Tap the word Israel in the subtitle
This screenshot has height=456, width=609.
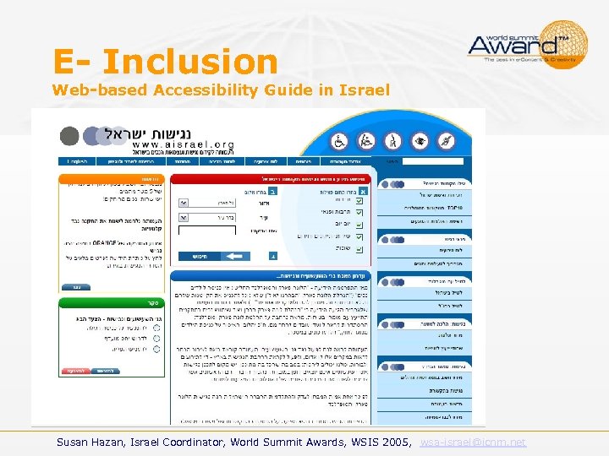tap(365, 90)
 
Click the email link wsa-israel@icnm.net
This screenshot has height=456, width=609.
tap(472, 442)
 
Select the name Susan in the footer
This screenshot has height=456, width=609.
tap(76, 442)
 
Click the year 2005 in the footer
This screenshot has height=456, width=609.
tap(397, 442)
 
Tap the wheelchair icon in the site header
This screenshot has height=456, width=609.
tap(340, 140)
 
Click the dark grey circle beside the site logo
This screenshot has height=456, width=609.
tap(70, 136)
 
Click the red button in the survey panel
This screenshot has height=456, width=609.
tap(77, 370)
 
